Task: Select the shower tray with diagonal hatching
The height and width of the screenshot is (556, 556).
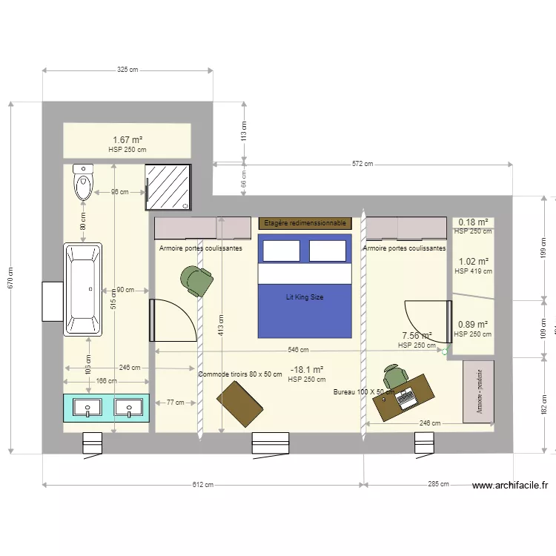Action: pyautogui.click(x=168, y=187)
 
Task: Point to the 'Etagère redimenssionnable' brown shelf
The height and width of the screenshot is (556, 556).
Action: pyautogui.click(x=304, y=222)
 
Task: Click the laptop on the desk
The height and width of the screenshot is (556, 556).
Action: pyautogui.click(x=406, y=398)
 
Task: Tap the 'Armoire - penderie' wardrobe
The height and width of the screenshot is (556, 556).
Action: pyautogui.click(x=478, y=391)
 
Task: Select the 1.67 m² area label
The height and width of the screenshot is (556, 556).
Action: pyautogui.click(x=127, y=139)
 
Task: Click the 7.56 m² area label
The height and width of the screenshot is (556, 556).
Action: pyautogui.click(x=417, y=335)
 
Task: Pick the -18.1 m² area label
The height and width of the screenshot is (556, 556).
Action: pyautogui.click(x=307, y=369)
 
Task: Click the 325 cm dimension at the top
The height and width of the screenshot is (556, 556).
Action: pyautogui.click(x=128, y=70)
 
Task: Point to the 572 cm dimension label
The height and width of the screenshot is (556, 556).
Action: pyautogui.click(x=363, y=164)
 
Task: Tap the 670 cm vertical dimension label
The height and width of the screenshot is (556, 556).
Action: pyautogui.click(x=10, y=277)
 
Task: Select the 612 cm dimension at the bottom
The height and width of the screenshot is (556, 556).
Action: pyautogui.click(x=202, y=485)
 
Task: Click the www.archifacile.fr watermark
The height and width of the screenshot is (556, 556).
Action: pyautogui.click(x=510, y=486)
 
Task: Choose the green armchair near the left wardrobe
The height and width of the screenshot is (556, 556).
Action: pyautogui.click(x=196, y=280)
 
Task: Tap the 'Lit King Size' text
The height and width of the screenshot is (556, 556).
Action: pyautogui.click(x=305, y=297)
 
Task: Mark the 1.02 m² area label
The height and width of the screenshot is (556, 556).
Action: pyautogui.click(x=473, y=262)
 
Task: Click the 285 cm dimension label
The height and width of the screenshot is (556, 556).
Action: pyautogui.click(x=438, y=485)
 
